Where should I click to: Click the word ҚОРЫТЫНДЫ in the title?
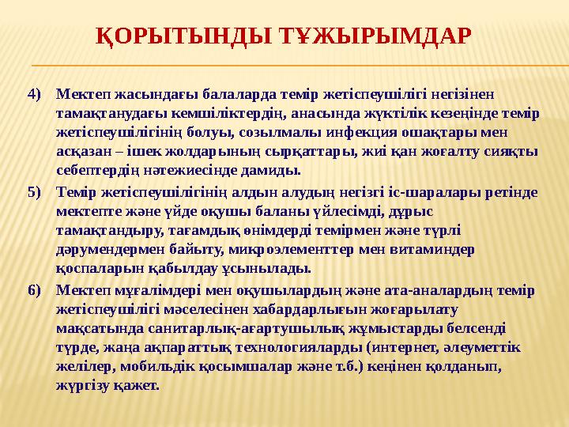(184, 36)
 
